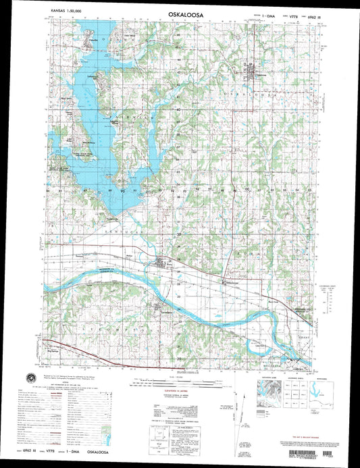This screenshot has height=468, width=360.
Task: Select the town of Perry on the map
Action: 161,263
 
